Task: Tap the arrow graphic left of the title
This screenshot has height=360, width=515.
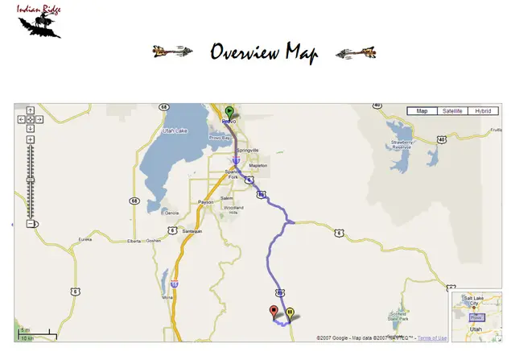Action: [172, 52]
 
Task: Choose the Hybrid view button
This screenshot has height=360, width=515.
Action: [483, 111]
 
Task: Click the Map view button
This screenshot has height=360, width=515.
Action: [421, 111]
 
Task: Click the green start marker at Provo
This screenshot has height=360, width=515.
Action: [229, 112]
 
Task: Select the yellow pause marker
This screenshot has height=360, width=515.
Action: [290, 313]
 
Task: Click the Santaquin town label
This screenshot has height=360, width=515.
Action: [192, 231]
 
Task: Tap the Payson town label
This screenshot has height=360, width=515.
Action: [206, 202]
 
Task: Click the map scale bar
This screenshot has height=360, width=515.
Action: [37, 333]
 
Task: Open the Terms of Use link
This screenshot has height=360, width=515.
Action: [432, 337]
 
